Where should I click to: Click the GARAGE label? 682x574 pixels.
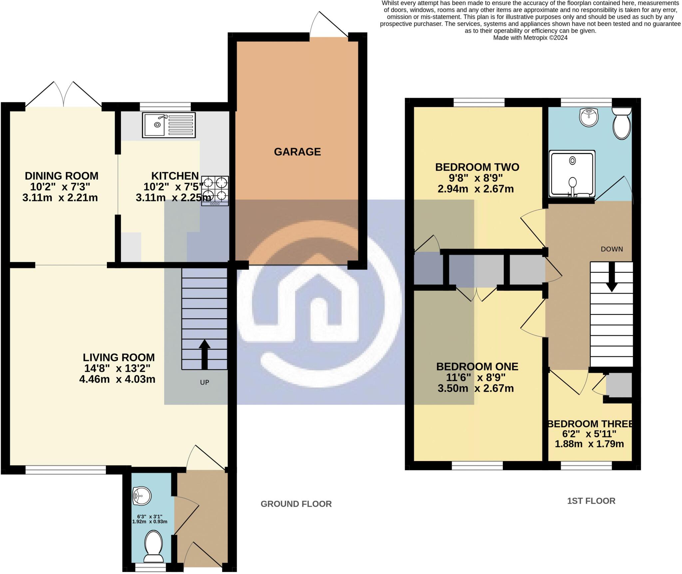pos(297,152)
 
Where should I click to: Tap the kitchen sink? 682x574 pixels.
pos(169,125)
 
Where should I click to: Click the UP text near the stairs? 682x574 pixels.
pos(204,382)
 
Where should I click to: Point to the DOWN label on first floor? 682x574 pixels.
pos(612,249)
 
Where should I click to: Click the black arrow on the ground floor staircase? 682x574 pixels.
pos(204,354)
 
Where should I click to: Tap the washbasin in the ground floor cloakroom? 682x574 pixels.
pos(142,496)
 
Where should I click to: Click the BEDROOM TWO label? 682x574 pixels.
pos(477,167)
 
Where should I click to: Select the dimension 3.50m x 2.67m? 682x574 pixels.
pos(476,388)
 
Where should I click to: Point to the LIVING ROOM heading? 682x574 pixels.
pos(119,357)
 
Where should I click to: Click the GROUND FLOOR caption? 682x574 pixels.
pos(296,504)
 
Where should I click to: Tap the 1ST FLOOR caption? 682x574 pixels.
pos(591,501)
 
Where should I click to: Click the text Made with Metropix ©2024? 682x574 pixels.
pos(530,38)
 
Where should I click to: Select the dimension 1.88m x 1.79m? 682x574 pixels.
pos(589,444)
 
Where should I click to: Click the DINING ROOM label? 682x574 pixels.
pos(62,176)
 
